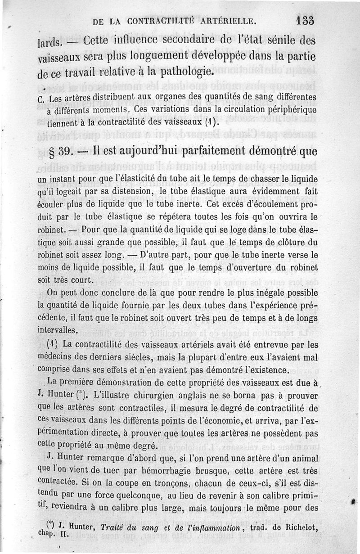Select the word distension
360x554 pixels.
tap(133, 191)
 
